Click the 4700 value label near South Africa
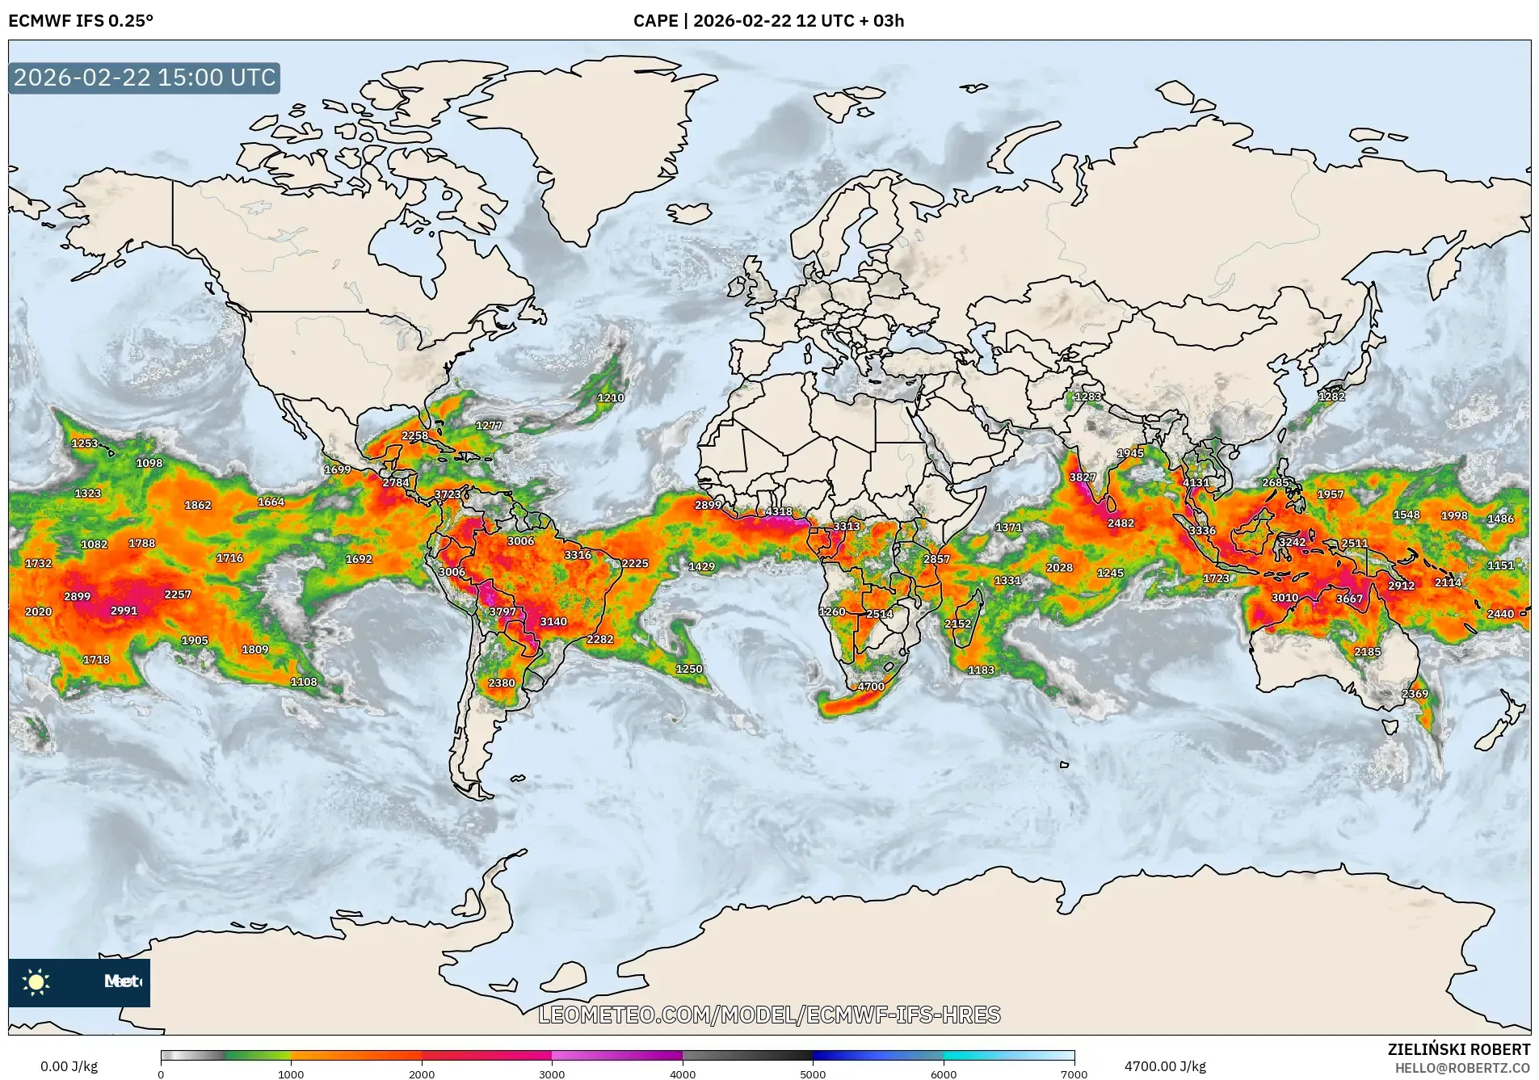pyautogui.click(x=870, y=687)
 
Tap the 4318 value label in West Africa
pyautogui.click(x=778, y=512)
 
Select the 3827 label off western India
pyautogui.click(x=1083, y=477)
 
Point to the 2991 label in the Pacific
pyautogui.click(x=124, y=611)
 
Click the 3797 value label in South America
pyautogui.click(x=502, y=612)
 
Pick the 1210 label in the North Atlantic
pyautogui.click(x=610, y=397)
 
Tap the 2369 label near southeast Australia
pyautogui.click(x=1415, y=694)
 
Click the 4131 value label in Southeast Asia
pyautogui.click(x=1196, y=483)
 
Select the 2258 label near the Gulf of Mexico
pyautogui.click(x=414, y=435)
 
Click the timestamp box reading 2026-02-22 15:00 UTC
pyautogui.click(x=145, y=78)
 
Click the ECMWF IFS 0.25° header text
pyautogui.click(x=81, y=21)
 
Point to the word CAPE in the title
pyautogui.click(x=655, y=21)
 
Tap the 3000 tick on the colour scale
pyautogui.click(x=552, y=1074)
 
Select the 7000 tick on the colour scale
pyautogui.click(x=1074, y=1074)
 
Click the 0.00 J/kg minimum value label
pyautogui.click(x=69, y=1066)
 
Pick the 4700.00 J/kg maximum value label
pyautogui.click(x=1165, y=1066)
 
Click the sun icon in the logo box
pyautogui.click(x=36, y=982)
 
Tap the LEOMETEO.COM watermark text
pyautogui.click(x=768, y=1015)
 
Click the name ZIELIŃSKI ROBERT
pyautogui.click(x=1458, y=1049)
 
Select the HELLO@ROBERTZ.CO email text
pyautogui.click(x=1462, y=1068)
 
